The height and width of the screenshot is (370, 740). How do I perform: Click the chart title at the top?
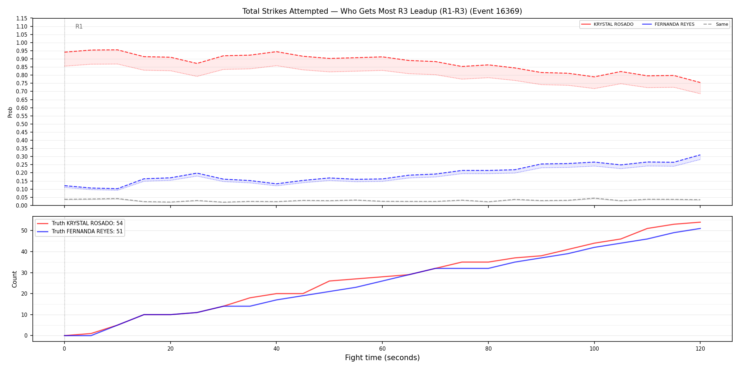pyautogui.click(x=382, y=11)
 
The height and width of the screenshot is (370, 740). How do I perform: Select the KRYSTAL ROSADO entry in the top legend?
pyautogui.click(x=607, y=24)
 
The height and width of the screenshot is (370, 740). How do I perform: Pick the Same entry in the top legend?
pyautogui.click(x=716, y=24)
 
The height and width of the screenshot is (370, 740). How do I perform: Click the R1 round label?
pyautogui.click(x=79, y=27)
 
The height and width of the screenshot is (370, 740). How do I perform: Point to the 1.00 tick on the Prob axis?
pyautogui.click(x=22, y=43)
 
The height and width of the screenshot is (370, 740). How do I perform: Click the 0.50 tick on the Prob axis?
pyautogui.click(x=22, y=124)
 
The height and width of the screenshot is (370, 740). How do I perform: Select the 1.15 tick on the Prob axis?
pyautogui.click(x=22, y=18)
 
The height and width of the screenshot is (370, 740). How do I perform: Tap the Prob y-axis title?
pyautogui.click(x=10, y=112)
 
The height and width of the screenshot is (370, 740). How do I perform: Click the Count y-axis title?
pyautogui.click(x=14, y=279)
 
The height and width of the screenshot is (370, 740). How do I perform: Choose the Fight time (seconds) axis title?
pyautogui.click(x=382, y=358)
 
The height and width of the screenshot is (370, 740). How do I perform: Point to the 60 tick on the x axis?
pyautogui.click(x=382, y=349)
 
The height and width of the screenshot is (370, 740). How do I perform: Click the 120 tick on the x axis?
pyautogui.click(x=700, y=349)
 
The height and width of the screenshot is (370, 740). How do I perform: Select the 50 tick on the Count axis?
pyautogui.click(x=24, y=231)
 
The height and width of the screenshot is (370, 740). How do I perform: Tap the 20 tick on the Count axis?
pyautogui.click(x=24, y=294)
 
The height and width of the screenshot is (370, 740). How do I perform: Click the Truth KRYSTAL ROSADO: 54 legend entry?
pyautogui.click(x=80, y=223)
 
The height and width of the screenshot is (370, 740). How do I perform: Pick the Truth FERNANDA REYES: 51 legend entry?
pyautogui.click(x=80, y=232)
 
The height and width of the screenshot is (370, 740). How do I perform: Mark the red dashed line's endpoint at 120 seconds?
pyautogui.click(x=700, y=83)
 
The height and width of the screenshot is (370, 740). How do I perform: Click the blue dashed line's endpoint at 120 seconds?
pyautogui.click(x=700, y=155)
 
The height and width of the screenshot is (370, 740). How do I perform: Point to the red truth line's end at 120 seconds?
pyautogui.click(x=700, y=222)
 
